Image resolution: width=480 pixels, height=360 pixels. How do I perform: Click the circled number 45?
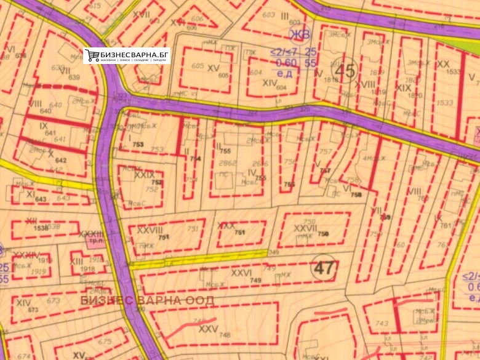click(x=345, y=71)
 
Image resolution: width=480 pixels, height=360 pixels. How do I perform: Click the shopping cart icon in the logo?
click(x=92, y=55)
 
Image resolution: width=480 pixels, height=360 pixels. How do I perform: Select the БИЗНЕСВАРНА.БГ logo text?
click(x=134, y=53)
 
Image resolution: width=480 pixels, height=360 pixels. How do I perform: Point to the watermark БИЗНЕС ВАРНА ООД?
click(x=148, y=300)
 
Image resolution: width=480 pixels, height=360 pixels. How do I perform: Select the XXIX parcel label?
click(x=145, y=175)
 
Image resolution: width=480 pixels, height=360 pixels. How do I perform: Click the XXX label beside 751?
click(x=226, y=226)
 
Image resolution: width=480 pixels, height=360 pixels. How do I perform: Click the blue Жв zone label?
click(x=300, y=34)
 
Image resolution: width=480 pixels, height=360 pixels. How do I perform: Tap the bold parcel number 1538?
click(x=41, y=228)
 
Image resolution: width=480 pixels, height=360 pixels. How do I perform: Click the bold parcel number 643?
click(x=41, y=199)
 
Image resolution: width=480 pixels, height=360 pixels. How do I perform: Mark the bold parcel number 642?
click(x=61, y=160)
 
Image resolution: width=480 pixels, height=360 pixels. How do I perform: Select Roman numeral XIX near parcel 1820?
click(x=404, y=88)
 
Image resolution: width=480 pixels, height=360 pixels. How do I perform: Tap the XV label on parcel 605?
click(x=214, y=68)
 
